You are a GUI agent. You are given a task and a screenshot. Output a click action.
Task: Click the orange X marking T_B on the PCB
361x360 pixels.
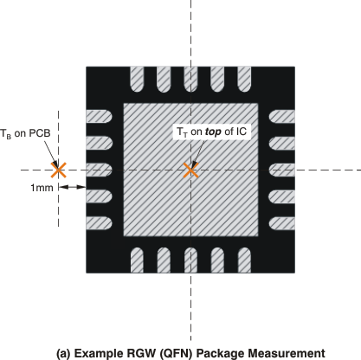click(x=58, y=170)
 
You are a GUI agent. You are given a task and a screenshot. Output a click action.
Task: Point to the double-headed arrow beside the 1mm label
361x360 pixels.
click(x=71, y=186)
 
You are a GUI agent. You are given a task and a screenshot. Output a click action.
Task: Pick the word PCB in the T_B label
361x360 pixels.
click(x=38, y=134)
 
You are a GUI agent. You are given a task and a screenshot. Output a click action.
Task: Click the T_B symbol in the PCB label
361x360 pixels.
click(x=8, y=135)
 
